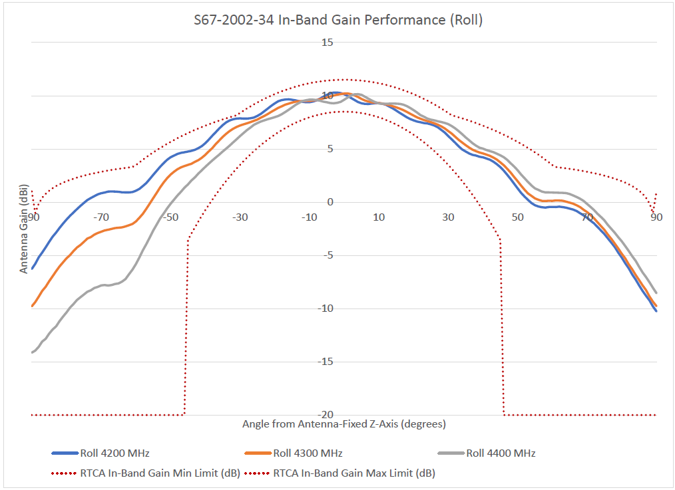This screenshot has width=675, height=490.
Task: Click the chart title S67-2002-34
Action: [338, 20]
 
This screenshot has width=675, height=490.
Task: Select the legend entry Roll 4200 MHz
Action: [114, 453]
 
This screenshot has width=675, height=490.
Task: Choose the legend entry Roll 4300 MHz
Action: [308, 453]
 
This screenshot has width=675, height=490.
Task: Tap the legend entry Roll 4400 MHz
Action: [501, 453]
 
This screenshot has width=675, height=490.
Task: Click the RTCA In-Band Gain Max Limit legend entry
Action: [353, 473]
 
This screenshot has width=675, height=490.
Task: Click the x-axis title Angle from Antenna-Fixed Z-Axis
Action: [343, 424]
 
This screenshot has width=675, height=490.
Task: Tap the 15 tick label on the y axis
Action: [328, 43]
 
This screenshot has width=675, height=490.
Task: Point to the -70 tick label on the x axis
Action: [101, 217]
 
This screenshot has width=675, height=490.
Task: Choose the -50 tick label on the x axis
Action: [170, 217]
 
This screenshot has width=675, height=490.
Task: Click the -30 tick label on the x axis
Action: [240, 217]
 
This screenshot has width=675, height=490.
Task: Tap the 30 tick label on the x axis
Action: [449, 217]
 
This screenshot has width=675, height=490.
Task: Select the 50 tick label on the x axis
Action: [518, 217]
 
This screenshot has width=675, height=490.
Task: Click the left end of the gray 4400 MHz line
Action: [32, 352]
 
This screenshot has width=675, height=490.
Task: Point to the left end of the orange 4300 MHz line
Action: [32, 306]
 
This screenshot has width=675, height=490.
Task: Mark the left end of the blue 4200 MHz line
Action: [32, 268]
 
